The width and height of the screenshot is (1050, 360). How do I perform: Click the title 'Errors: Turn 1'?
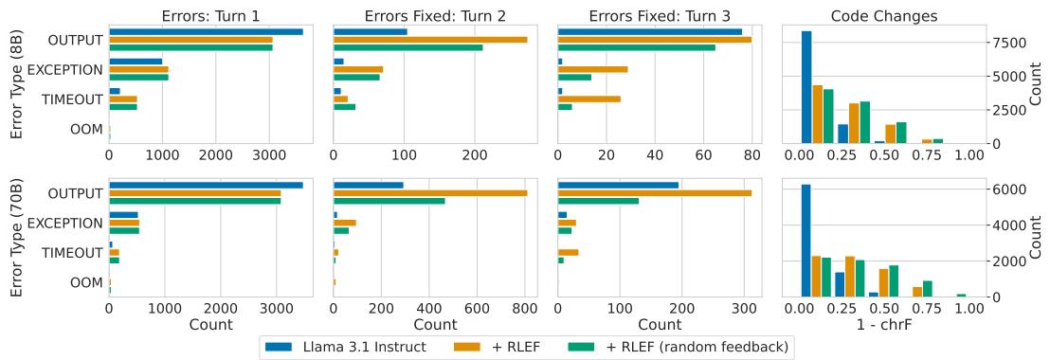click(208, 15)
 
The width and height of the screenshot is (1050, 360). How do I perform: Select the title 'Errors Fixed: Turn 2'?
click(433, 15)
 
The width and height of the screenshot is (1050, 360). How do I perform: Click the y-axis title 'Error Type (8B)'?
click(16, 83)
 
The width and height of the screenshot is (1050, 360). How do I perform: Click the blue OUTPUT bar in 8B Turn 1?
click(206, 31)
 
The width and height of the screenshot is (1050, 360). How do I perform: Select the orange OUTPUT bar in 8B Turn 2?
click(430, 40)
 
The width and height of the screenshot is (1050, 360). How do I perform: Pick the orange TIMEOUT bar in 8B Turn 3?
click(589, 99)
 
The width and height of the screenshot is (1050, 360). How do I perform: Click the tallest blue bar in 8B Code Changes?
click(806, 87)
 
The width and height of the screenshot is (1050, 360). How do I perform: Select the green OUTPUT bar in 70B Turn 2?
click(389, 201)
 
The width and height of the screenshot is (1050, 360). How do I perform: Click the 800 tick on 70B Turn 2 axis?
click(526, 308)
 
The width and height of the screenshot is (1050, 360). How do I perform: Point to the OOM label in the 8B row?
click(86, 129)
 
